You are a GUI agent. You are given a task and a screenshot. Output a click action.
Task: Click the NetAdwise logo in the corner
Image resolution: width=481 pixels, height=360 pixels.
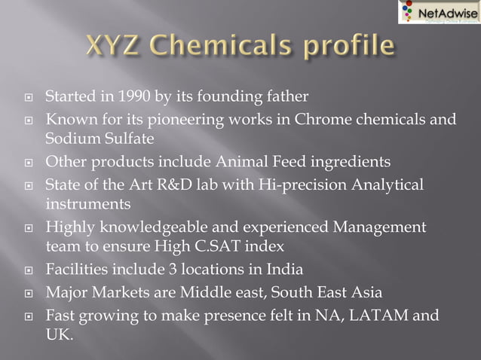[438, 11]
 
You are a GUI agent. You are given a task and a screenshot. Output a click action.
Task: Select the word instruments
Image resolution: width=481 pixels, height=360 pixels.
[88, 204]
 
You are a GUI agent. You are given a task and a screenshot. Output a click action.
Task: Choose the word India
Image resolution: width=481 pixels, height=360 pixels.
[285, 269]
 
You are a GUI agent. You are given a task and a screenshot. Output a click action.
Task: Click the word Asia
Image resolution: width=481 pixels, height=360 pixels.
[366, 291]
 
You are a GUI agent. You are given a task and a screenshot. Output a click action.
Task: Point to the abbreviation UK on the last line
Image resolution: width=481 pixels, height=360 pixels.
[59, 334]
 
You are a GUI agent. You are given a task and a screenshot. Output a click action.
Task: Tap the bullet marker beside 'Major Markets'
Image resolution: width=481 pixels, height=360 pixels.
[28, 292]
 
